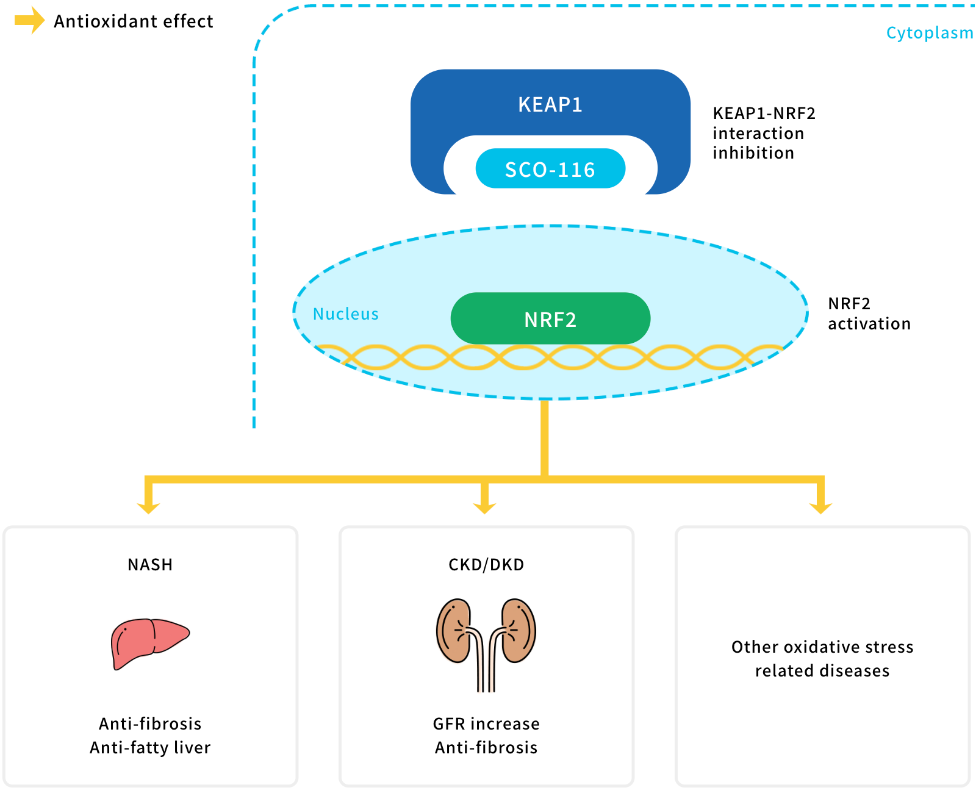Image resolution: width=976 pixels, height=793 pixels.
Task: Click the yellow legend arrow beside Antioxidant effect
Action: (x=29, y=20)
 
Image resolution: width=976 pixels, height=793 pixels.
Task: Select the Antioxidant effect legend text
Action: (x=134, y=21)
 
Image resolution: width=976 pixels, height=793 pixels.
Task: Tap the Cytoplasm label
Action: (x=929, y=33)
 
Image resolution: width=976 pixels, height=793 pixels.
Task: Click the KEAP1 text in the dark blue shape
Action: (x=550, y=104)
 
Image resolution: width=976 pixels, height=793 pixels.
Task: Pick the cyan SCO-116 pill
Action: (x=550, y=168)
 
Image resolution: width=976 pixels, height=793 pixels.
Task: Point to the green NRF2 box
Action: (x=550, y=318)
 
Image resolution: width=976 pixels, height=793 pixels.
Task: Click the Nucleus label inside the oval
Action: (x=345, y=314)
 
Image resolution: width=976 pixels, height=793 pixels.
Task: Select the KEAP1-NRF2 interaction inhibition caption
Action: (x=764, y=133)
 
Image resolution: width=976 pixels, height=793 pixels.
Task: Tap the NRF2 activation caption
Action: (x=869, y=314)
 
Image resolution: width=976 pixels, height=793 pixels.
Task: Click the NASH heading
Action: (x=150, y=564)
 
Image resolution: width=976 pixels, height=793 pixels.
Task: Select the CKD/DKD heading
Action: (x=486, y=564)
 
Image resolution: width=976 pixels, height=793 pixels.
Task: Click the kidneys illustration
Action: (x=486, y=645)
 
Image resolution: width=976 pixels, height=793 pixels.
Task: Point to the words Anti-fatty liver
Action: (x=150, y=748)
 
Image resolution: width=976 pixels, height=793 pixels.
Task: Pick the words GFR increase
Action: (x=486, y=724)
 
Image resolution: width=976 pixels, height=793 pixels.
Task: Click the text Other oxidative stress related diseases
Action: (x=822, y=659)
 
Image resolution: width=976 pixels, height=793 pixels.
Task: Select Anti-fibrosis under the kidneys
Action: (x=486, y=748)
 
